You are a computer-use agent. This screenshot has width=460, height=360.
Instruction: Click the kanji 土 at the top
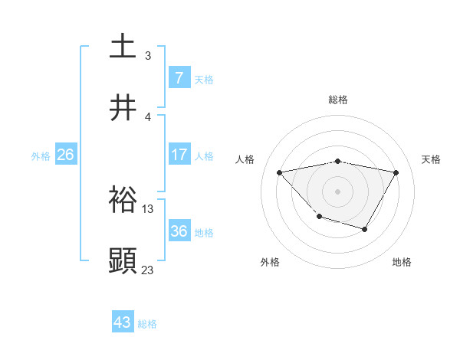pos(123,46)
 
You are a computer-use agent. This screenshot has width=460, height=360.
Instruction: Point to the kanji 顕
pos(123,260)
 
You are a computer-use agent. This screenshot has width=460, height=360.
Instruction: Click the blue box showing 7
pos(179,77)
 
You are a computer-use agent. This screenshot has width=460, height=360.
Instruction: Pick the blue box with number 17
pos(179,155)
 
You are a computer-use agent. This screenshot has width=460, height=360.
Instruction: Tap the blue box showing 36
pos(179,231)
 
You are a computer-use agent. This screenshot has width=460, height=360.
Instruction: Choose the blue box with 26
pos(65,155)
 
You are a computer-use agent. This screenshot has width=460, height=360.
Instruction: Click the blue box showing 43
pos(123,322)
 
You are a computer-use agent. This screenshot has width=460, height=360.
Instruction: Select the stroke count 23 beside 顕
pos(148,270)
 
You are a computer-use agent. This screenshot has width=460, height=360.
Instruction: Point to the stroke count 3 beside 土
pos(148,55)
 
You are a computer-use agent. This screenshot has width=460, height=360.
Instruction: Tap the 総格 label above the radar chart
pos(338,100)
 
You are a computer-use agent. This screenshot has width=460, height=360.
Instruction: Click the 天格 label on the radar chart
pos(432,159)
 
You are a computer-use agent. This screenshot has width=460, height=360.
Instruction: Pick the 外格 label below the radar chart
pos(270,262)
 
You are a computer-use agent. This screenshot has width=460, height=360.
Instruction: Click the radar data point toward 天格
pos(396,172)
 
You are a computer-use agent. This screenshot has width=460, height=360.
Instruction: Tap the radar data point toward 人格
pos(280,172)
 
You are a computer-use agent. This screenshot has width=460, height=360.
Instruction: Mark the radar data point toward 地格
pos(365,229)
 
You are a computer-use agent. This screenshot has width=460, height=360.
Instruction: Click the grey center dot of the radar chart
pos(338,191)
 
